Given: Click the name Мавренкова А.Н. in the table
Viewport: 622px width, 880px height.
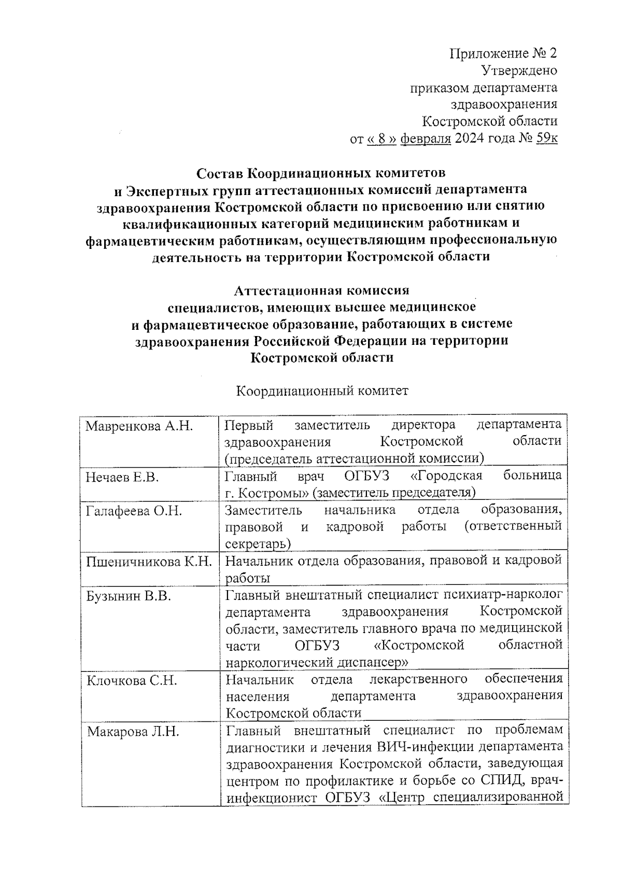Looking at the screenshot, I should point(139,426).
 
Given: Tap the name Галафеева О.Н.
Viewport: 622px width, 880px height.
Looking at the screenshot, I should point(134,511).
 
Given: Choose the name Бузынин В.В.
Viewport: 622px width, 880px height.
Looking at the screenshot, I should point(129,596).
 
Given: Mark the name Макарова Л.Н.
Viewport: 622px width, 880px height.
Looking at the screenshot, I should point(133,732).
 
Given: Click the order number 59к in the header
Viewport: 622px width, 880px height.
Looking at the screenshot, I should point(547,138).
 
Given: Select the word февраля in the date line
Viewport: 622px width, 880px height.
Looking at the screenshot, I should point(426,138).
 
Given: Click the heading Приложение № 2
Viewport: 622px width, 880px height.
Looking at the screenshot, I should point(503,53).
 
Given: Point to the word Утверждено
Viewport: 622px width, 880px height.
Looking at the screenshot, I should point(519,71).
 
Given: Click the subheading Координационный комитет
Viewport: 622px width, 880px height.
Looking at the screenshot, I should point(322,390).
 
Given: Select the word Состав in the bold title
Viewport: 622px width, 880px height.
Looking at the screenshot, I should point(221,172).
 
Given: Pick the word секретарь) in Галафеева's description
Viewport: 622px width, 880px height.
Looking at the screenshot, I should point(258,544).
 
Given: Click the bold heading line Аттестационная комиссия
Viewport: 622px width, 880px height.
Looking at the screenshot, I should point(321,290).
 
